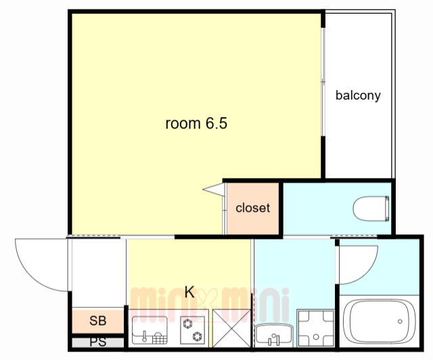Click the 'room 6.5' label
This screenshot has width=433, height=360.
pos(196,123)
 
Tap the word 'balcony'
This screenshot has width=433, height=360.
pos(358,95)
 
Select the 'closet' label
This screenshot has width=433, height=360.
pos(252,208)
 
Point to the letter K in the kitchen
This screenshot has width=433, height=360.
pos(189,292)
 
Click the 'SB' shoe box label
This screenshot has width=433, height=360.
pos(97,321)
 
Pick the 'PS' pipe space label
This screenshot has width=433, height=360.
pos(97,342)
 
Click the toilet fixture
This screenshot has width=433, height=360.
pos(371,208)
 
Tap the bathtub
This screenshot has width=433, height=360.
pos(379,321)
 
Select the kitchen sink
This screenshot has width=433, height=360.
pos(150,330)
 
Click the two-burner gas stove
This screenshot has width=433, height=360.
pos(192,330)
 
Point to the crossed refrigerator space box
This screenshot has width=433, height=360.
pos(231,328)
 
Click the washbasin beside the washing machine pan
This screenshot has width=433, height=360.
pos(273,335)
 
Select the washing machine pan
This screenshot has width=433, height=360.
pos(316,328)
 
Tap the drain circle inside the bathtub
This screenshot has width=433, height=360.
pos(400,321)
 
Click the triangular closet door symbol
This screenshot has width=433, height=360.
pos(214,189)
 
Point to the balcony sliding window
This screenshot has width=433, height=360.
pos(323,81)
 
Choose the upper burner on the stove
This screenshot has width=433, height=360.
pos(187,323)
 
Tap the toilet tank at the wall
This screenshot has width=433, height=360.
pos(387,208)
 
